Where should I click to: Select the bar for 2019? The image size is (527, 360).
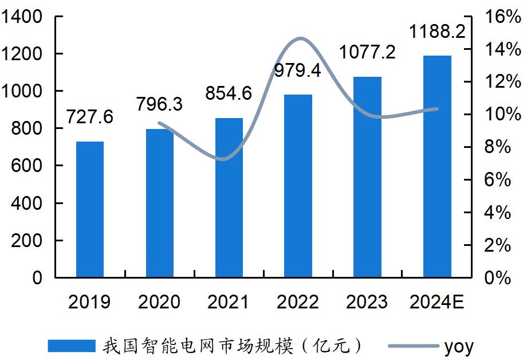point(90,209)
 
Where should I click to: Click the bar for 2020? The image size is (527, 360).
point(159,203)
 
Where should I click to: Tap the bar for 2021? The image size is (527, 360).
point(229,198)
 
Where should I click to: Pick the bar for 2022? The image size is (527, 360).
point(298,186)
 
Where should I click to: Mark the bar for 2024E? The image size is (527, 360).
point(437,166)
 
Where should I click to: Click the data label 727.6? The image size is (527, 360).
point(90,117)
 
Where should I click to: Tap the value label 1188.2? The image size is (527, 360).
point(437,32)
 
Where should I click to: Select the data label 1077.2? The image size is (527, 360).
point(367,53)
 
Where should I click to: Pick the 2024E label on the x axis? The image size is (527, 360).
point(436,302)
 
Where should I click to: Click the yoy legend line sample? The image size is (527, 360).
point(411,346)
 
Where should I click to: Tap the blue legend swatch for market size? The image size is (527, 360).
point(72,346)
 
